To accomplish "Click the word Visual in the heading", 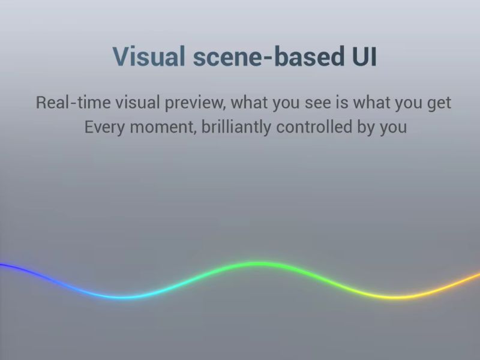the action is tap(149, 56).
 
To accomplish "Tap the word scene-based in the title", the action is tap(268, 56).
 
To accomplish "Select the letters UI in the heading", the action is tap(364, 56).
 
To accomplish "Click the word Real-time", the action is tap(73, 102).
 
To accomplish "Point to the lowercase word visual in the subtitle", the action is tap(138, 102).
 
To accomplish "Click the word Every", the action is tap(104, 127).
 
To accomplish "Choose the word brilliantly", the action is tap(236, 127).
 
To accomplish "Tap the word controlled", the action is tap(314, 127).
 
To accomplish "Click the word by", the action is tap(366, 127).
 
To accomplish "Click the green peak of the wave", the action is tap(254, 264).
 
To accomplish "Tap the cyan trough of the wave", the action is tap(122, 297).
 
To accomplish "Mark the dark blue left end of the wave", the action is tap(1, 265).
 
